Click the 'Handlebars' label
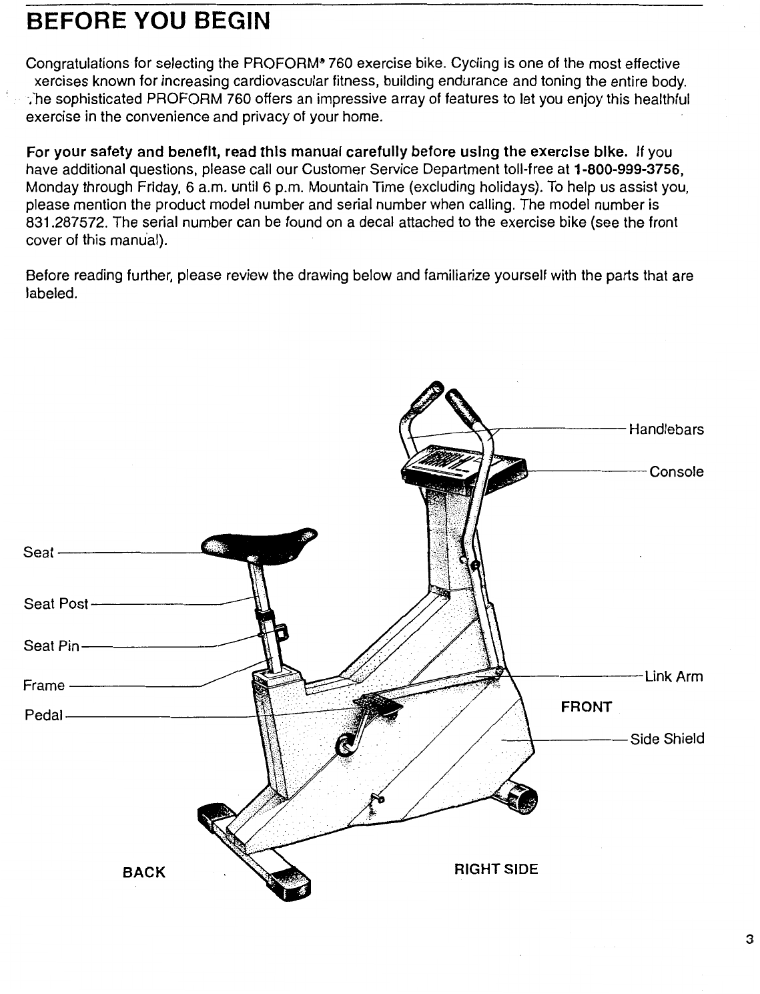(x=666, y=430)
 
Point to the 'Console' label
(x=676, y=472)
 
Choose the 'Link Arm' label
(x=673, y=677)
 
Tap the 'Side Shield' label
(x=667, y=739)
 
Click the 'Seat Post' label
(x=56, y=604)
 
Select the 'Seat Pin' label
(x=51, y=646)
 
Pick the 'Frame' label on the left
(x=44, y=686)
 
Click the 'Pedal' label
(x=43, y=716)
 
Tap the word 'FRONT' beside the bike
(x=586, y=707)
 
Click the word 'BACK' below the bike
(x=143, y=873)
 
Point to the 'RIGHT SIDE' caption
(x=495, y=869)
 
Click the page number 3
(x=749, y=941)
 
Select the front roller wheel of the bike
(x=521, y=796)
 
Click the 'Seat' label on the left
(x=38, y=553)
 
